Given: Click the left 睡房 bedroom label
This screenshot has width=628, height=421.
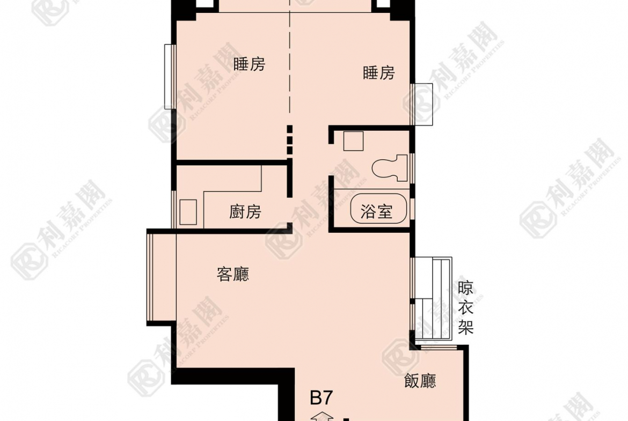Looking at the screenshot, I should [x=250, y=64].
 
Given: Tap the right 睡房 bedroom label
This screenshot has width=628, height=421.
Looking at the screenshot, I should [x=379, y=72].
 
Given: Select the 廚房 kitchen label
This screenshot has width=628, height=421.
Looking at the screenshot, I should [x=245, y=212].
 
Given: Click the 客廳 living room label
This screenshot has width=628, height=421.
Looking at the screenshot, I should [x=233, y=275].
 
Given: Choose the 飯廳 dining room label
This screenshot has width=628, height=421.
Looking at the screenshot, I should [x=420, y=381].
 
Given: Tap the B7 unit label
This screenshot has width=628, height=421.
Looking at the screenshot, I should [x=322, y=398].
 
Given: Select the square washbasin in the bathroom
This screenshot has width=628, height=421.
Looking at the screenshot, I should [x=353, y=141].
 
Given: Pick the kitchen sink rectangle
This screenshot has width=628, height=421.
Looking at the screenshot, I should [x=189, y=212].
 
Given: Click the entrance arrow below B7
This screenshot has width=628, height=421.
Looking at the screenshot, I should [x=322, y=416].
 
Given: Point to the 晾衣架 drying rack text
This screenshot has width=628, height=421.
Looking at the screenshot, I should [x=466, y=308].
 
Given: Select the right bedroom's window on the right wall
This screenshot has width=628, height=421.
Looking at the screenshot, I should [x=422, y=104].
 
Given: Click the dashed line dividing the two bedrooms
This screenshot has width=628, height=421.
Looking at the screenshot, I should [x=290, y=64].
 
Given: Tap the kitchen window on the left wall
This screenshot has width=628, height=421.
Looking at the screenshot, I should [x=173, y=209].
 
